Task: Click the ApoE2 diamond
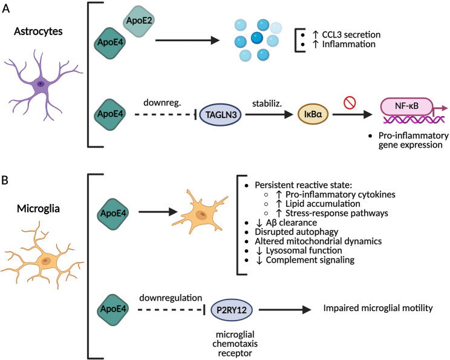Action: coord(139,21)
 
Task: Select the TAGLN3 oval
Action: coord(220,114)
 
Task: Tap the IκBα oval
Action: coord(313,114)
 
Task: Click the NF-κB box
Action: coord(406,106)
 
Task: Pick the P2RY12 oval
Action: coord(231,310)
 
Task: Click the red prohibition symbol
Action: coord(350,102)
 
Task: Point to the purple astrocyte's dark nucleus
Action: coord(41,84)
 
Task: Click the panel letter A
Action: coord(5,9)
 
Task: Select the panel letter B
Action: coord(5,180)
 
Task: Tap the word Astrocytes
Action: coord(38,31)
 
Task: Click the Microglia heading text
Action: coord(38,209)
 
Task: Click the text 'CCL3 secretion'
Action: coord(351,34)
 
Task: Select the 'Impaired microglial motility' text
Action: coord(378,308)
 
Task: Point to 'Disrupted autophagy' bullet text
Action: coord(296,232)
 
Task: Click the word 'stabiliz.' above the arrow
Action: coord(267,103)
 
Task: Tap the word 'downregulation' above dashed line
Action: coord(171,298)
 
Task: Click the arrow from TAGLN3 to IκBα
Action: coord(269,114)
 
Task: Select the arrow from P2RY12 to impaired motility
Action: coord(285,309)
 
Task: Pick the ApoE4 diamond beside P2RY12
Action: coord(113,309)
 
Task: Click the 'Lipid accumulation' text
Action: coord(322,204)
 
